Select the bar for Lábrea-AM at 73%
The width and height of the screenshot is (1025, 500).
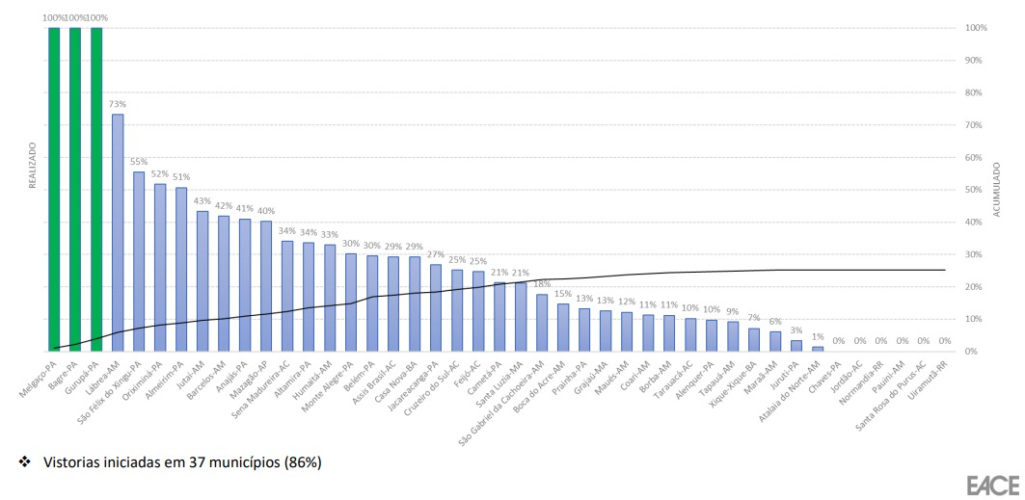click(118, 232)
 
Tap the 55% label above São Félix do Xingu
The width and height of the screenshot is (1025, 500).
click(138, 163)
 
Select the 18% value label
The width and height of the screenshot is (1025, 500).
click(541, 284)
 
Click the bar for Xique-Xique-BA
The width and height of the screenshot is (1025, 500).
click(754, 339)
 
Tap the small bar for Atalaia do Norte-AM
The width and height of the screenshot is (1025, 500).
click(818, 349)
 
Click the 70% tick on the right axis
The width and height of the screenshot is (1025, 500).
click(975, 125)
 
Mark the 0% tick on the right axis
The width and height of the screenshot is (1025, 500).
click(972, 352)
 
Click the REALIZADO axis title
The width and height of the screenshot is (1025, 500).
click(32, 166)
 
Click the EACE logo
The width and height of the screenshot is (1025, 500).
click(986, 484)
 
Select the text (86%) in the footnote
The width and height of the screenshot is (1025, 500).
click(302, 462)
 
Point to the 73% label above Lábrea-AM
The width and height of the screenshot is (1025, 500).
click(118, 104)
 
